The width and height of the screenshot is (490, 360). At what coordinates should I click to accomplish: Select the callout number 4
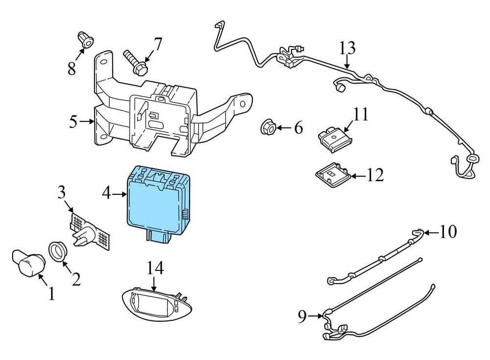click(107, 194)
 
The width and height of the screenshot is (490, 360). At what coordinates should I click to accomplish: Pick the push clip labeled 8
click(85, 41)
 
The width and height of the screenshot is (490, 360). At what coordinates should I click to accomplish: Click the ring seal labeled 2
click(59, 252)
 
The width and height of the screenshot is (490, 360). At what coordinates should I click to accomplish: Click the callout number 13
click(347, 49)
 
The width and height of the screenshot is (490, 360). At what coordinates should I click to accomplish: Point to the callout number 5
click(73, 121)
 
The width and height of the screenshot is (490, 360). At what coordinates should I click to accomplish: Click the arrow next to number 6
click(284, 128)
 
